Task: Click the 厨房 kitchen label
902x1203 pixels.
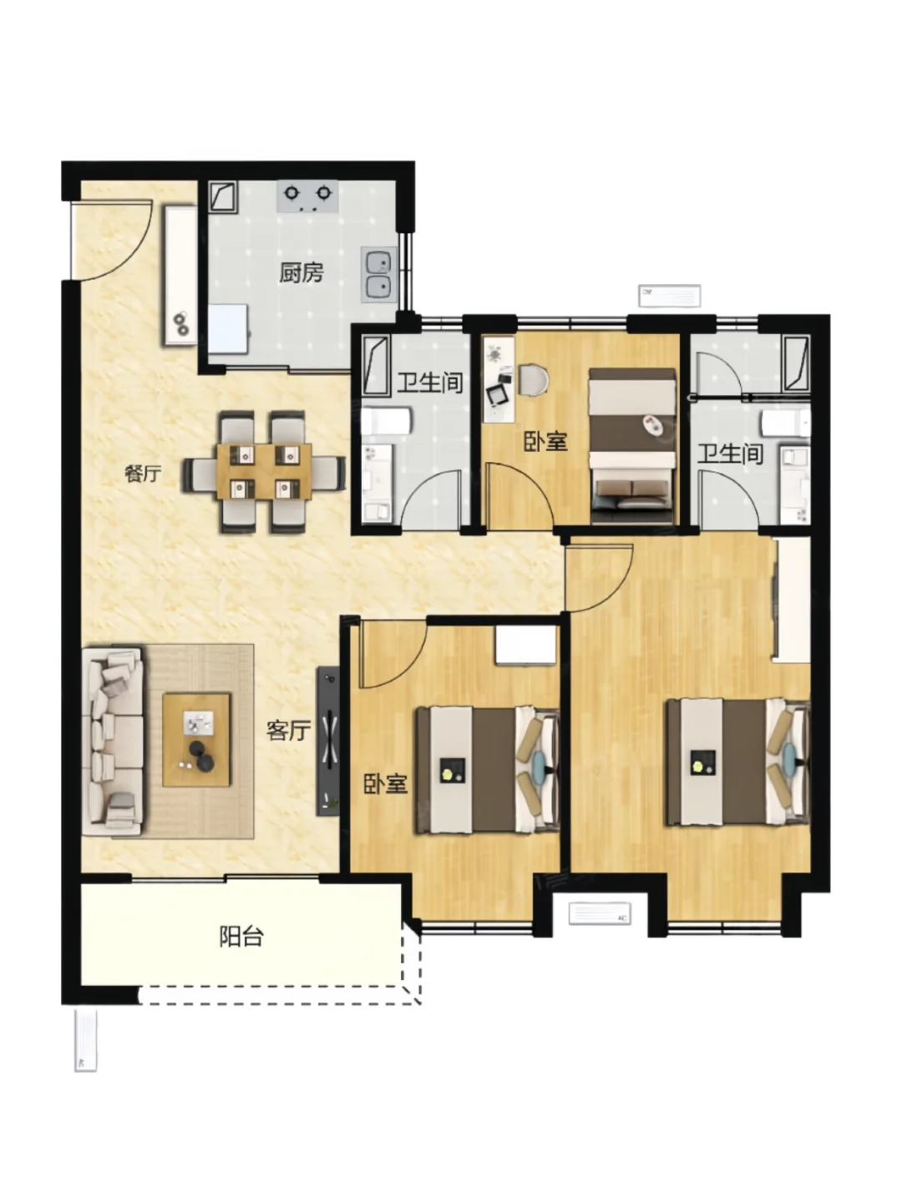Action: (302, 272)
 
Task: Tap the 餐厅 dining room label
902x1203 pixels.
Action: (143, 474)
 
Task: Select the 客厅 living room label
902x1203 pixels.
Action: (289, 730)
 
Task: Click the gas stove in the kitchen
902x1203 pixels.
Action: (307, 196)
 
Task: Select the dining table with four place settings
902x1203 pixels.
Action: (265, 471)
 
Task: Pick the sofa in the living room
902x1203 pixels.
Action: (112, 743)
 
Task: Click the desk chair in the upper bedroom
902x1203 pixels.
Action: (533, 379)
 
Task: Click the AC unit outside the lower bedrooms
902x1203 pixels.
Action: (600, 914)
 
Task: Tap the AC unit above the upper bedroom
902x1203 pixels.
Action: (670, 296)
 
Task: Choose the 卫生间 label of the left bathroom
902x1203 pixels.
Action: (430, 383)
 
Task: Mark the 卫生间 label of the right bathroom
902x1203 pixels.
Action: (730, 454)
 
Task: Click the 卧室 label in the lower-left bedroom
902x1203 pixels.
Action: (386, 784)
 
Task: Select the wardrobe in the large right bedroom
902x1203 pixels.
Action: (792, 599)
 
